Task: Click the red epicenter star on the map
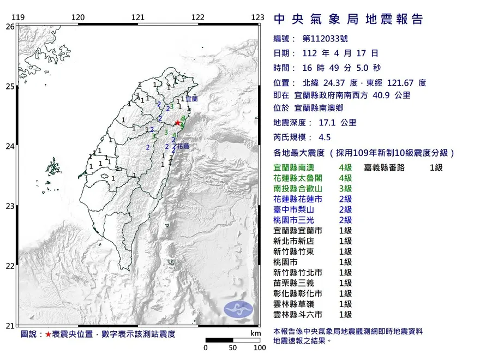click(177, 122)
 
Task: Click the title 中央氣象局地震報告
click(348, 20)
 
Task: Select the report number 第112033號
click(325, 38)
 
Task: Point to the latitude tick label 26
click(10, 26)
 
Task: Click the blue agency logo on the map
click(239, 309)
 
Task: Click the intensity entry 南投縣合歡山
click(298, 188)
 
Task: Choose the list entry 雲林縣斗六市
click(298, 314)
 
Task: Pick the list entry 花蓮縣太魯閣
click(298, 178)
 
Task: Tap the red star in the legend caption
click(48, 334)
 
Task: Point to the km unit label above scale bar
click(255, 333)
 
